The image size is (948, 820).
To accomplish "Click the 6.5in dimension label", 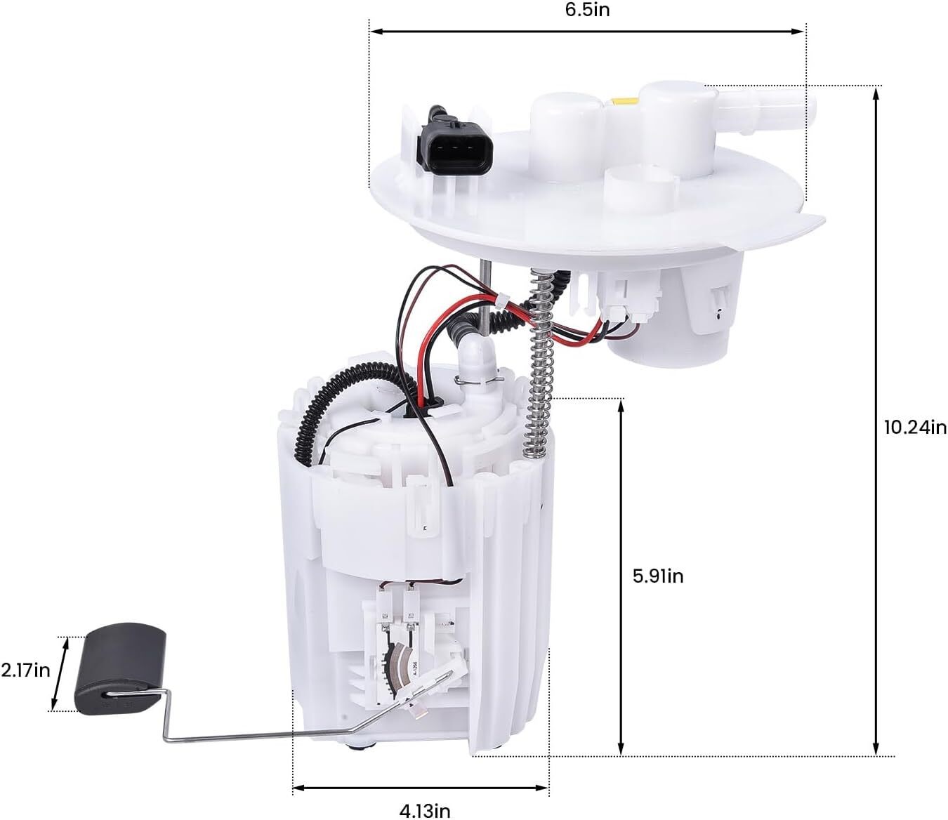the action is [587, 10].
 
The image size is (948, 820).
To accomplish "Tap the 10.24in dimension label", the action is [916, 428].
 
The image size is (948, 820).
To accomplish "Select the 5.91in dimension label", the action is [658, 576].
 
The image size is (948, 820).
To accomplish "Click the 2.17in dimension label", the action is [25, 670].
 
